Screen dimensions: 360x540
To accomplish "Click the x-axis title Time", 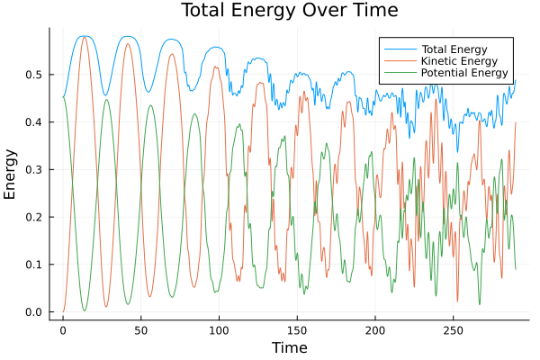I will click(290, 347).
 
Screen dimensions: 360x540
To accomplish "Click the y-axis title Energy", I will click(11, 173).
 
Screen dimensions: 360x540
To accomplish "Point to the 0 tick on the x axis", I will click(63, 330).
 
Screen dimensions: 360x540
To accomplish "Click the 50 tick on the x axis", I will click(140, 330).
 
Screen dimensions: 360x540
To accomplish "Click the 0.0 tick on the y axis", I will click(34, 312).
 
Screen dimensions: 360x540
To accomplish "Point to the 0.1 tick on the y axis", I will click(34, 265).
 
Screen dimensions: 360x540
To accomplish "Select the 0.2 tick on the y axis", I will click(34, 217).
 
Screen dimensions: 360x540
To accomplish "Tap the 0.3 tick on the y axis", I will click(34, 169).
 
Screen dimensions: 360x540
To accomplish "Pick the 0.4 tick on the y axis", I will click(34, 121).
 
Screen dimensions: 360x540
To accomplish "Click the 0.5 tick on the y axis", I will click(34, 74).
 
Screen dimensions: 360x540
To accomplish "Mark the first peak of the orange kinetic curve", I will click(85, 37).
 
